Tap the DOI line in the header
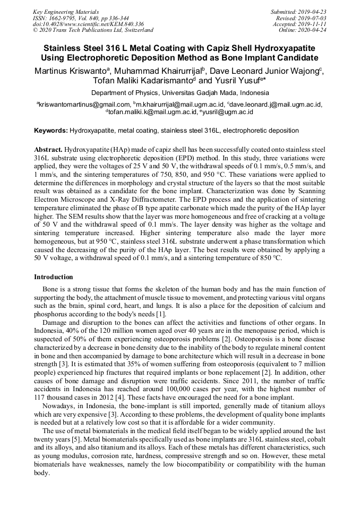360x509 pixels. point(74,24)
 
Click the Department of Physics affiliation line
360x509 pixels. point(179,92)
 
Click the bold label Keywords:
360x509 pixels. point(50,130)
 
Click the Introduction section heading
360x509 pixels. point(53,277)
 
